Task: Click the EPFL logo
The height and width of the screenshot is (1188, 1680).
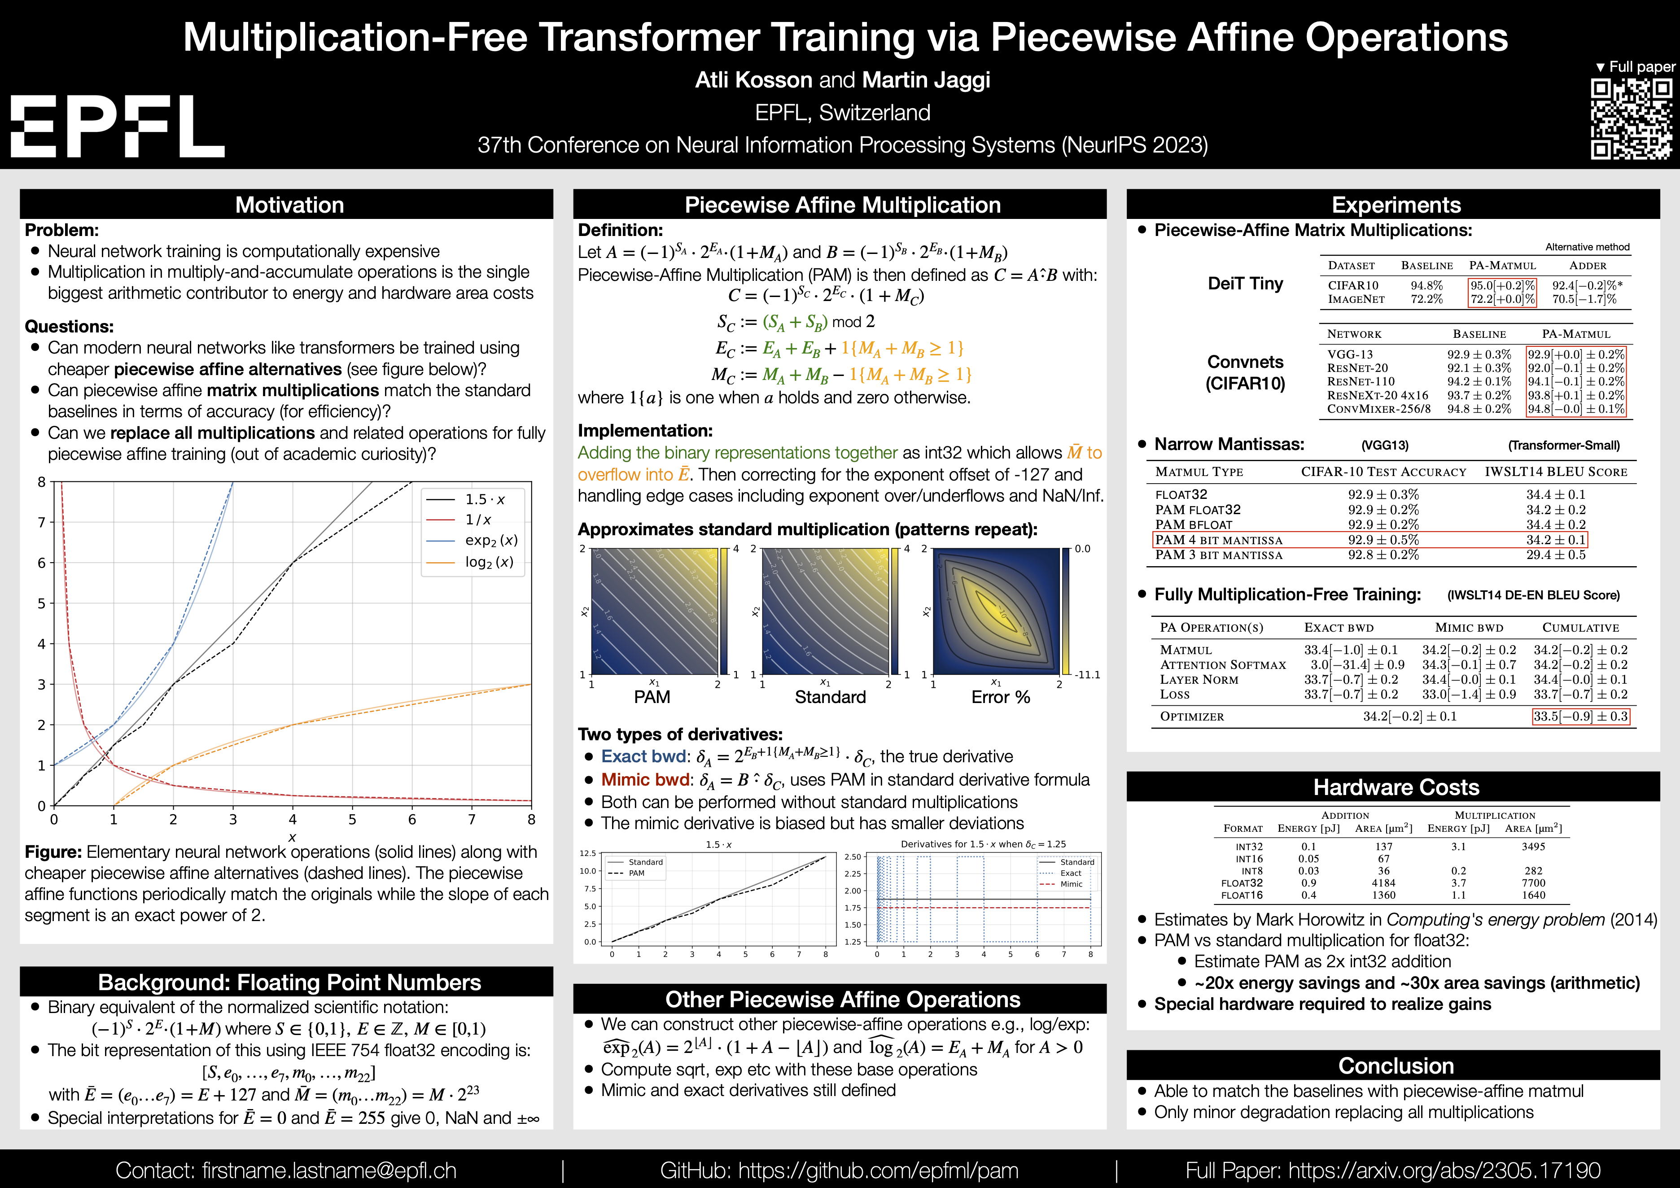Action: coord(117,125)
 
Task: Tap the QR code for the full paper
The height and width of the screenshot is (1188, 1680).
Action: coord(1631,119)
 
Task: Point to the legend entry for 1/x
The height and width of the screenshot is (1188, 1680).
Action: coord(478,520)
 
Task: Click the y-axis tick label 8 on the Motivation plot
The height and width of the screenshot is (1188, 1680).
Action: coord(42,482)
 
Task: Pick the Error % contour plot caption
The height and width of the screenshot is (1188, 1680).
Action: coord(1000,697)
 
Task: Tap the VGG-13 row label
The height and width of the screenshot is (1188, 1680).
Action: coord(1350,354)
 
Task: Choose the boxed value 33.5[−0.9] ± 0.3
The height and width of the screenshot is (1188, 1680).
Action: coord(1580,716)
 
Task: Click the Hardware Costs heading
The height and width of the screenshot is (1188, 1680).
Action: coord(1396,787)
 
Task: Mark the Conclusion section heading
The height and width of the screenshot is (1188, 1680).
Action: coord(1396,1066)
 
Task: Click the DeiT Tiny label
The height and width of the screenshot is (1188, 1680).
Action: coord(1245,284)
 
